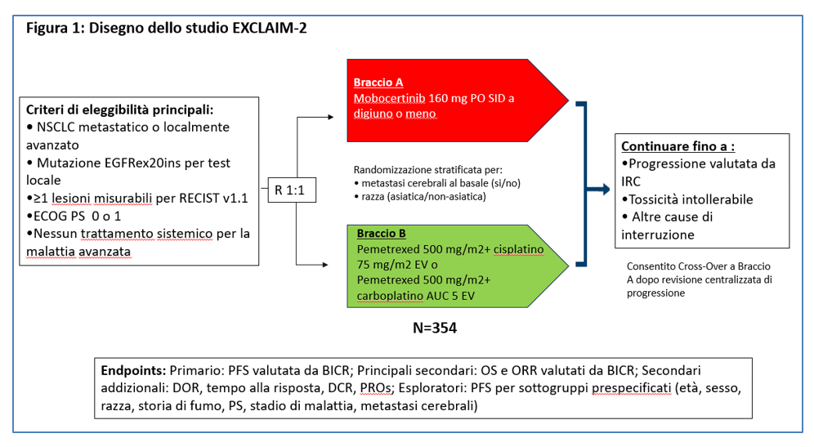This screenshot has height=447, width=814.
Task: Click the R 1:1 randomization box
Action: tap(292, 190)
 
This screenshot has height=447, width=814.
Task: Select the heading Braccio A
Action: tap(378, 83)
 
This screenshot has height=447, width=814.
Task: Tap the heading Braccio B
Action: tap(381, 234)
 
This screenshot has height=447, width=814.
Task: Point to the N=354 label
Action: tap(435, 329)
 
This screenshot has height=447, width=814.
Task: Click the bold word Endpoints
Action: tap(133, 371)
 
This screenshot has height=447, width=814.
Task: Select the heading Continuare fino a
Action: tap(678, 146)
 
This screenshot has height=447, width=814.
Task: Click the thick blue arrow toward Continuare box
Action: tap(598, 190)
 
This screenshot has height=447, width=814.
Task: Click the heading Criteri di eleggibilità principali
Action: tap(120, 110)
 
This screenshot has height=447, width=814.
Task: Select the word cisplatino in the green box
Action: tap(519, 249)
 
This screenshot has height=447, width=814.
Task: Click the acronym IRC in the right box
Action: tap(631, 181)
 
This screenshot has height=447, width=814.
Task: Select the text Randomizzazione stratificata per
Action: tap(427, 170)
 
